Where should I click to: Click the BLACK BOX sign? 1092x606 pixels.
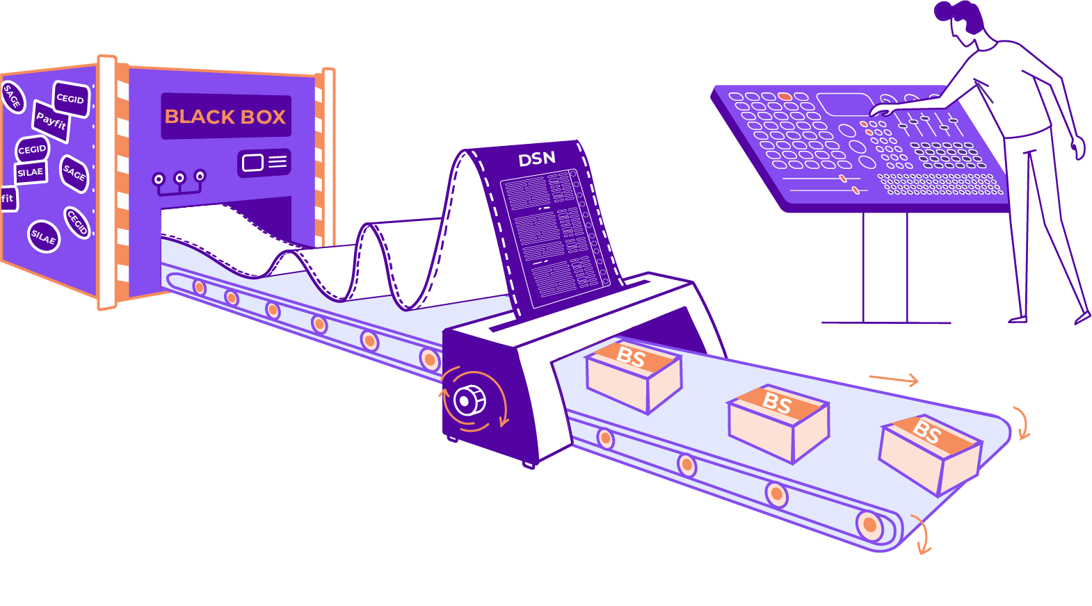[x=225, y=116]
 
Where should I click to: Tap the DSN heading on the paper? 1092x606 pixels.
[x=537, y=159]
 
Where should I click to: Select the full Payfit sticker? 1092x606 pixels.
[x=51, y=122]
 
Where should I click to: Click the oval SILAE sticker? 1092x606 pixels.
[x=43, y=236]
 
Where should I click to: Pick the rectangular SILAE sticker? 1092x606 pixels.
[x=31, y=172]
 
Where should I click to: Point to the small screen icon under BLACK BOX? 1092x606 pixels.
[x=264, y=163]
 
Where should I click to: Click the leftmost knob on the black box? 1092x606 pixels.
[x=159, y=180]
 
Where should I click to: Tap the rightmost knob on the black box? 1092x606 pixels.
[x=200, y=176]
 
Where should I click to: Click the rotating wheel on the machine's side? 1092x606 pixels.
[x=470, y=401]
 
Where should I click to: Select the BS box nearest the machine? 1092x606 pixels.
[x=633, y=376]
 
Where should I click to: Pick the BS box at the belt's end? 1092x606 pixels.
[x=929, y=453]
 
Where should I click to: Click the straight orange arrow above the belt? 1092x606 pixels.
[x=894, y=379]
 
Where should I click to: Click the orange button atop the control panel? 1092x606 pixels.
[x=785, y=96]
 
